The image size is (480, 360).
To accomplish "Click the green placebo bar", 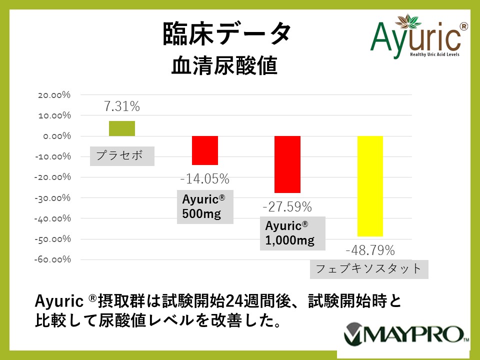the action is [x=122, y=128].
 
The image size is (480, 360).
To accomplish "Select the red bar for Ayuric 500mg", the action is [x=205, y=150].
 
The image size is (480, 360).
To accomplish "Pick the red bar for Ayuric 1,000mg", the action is [x=287, y=164].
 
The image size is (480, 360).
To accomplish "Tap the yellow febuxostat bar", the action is [x=370, y=186].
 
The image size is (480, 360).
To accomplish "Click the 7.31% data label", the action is [x=122, y=106].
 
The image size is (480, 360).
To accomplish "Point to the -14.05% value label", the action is [x=205, y=179].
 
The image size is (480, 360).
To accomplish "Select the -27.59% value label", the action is [x=287, y=206].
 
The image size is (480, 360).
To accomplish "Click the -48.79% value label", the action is [x=370, y=250].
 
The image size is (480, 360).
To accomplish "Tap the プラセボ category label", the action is [x=122, y=156].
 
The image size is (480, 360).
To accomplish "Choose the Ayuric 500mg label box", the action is [x=205, y=207].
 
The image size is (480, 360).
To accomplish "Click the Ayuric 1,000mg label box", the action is [x=292, y=233].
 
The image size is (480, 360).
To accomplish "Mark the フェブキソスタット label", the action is [x=369, y=269].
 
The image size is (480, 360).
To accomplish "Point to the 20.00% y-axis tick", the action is [x=54, y=95].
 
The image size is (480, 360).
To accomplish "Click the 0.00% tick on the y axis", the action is [x=57, y=136].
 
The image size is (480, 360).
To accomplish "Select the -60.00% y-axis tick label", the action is [x=52, y=259].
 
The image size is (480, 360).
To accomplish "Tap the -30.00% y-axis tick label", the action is [x=52, y=198].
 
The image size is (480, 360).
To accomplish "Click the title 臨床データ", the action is [x=226, y=34].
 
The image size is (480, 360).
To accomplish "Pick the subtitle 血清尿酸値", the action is [x=224, y=65].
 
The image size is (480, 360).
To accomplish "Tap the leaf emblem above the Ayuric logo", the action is [x=408, y=21].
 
